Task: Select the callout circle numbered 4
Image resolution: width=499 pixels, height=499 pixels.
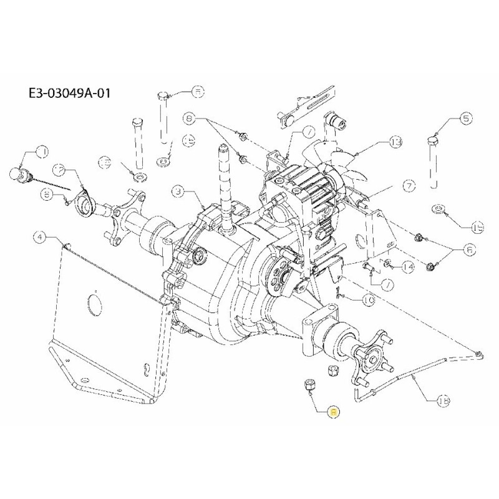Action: (x=40, y=236)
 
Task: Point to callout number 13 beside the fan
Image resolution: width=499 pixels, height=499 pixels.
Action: (x=395, y=143)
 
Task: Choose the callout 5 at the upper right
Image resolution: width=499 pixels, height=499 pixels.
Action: (x=467, y=117)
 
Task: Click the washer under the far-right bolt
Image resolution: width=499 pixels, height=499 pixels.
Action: (x=439, y=209)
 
